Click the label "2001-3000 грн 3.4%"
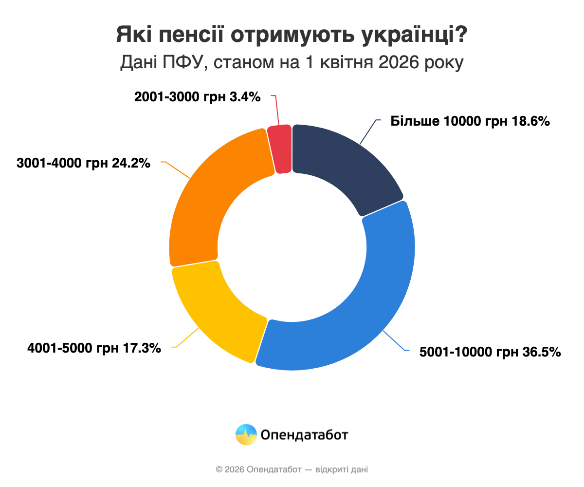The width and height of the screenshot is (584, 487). point(198,97)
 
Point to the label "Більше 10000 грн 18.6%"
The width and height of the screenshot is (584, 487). point(470,121)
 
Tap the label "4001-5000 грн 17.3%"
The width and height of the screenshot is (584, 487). point(94,348)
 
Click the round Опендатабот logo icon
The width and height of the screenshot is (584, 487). point(246,434)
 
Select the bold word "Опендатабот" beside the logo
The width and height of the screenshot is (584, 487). point(304,434)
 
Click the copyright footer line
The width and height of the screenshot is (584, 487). point(292,469)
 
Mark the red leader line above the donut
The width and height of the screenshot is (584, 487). point(276,110)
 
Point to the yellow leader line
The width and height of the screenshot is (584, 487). point(187,337)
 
